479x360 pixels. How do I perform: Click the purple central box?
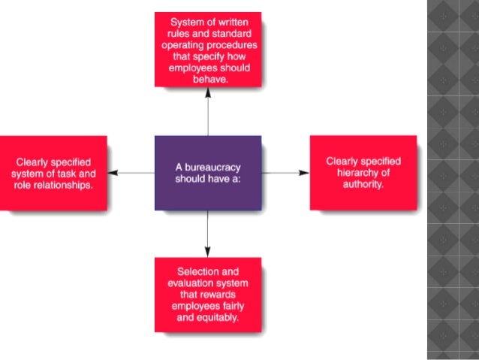click(208, 173)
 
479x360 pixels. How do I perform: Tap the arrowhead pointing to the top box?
click(208, 92)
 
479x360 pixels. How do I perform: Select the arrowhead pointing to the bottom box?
click(208, 251)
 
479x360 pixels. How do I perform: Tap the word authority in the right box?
click(363, 184)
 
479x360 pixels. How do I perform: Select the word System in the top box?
click(187, 21)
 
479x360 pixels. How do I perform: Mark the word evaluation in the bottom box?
click(190, 283)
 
